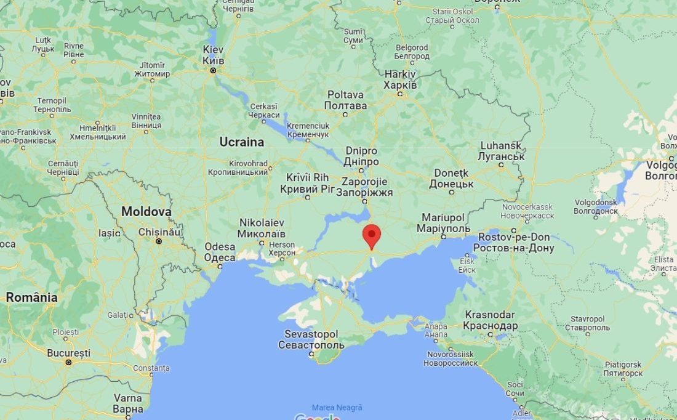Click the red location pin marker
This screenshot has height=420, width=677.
tap(371, 236)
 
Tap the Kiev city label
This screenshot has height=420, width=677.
tap(214, 55)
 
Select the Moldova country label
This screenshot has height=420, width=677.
tap(146, 211)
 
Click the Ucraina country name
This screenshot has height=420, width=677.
tap(241, 142)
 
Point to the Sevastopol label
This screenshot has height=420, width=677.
tap(311, 339)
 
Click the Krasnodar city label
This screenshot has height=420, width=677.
tap(491, 320)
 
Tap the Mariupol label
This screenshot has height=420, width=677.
tap(443, 223)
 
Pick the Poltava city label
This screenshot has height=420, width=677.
tap(345, 100)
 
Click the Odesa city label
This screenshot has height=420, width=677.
tap(220, 252)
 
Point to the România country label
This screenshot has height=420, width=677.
tap(31, 297)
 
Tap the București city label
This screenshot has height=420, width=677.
tap(68, 353)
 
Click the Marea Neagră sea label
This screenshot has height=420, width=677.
tap(337, 408)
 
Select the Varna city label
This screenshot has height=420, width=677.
tap(128, 403)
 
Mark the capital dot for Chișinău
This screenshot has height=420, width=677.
tap(159, 241)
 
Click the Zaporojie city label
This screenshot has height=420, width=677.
tap(364, 187)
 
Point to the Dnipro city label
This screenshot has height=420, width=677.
tap(362, 156)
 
